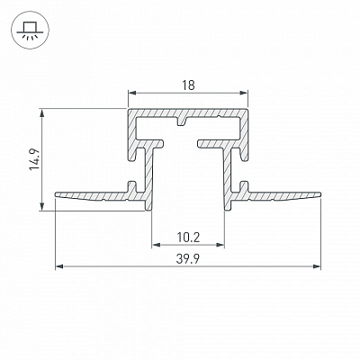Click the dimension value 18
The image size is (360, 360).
pos(188,85)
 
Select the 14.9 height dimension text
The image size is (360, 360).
pos(34,159)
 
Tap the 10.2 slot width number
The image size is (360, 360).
pos(188,238)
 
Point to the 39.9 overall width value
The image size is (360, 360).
pos(188,258)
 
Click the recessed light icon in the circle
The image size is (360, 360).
pos(28,30)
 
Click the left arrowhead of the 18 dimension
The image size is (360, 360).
pos(132,93)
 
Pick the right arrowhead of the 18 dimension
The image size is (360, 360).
pos(244,93)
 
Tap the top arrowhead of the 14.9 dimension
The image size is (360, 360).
pos(42,112)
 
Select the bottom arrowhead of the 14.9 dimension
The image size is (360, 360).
pos(42,206)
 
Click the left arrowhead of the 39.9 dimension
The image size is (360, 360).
pos(59,266)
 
